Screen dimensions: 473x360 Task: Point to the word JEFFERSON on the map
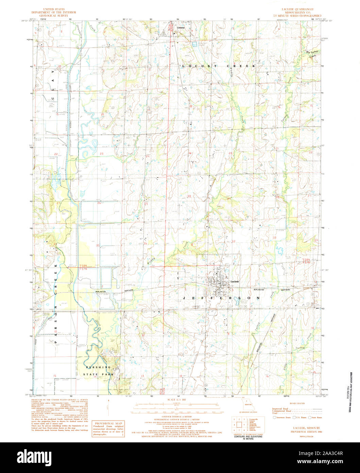coord(222,298)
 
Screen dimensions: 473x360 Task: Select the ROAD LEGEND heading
coord(297,403)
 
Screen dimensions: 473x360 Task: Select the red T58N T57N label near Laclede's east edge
coord(307,260)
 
